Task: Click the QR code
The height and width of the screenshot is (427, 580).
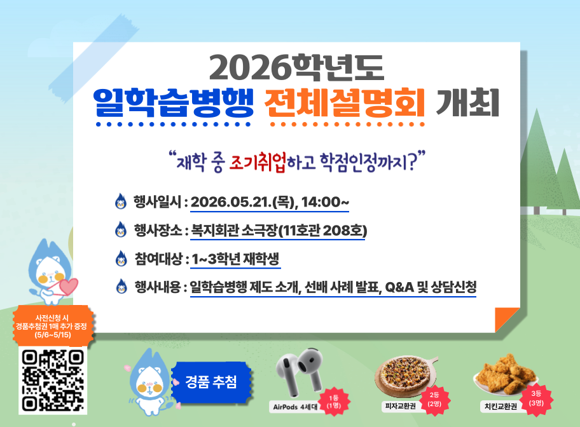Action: [53, 381]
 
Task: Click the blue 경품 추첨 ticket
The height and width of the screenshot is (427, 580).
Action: [211, 383]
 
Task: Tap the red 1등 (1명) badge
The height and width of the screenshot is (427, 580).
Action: [334, 402]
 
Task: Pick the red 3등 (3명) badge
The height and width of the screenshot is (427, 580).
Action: [536, 398]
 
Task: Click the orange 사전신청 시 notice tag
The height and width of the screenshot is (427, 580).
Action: [53, 326]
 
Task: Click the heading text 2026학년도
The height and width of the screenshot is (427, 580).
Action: [296, 67]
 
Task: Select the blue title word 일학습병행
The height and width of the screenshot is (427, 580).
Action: [173, 103]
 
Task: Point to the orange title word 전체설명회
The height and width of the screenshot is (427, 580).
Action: [345, 103]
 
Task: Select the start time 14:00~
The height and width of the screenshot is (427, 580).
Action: [325, 202]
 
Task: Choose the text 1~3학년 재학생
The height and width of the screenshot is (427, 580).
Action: [235, 259]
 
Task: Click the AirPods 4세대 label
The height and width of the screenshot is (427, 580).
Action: [295, 407]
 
